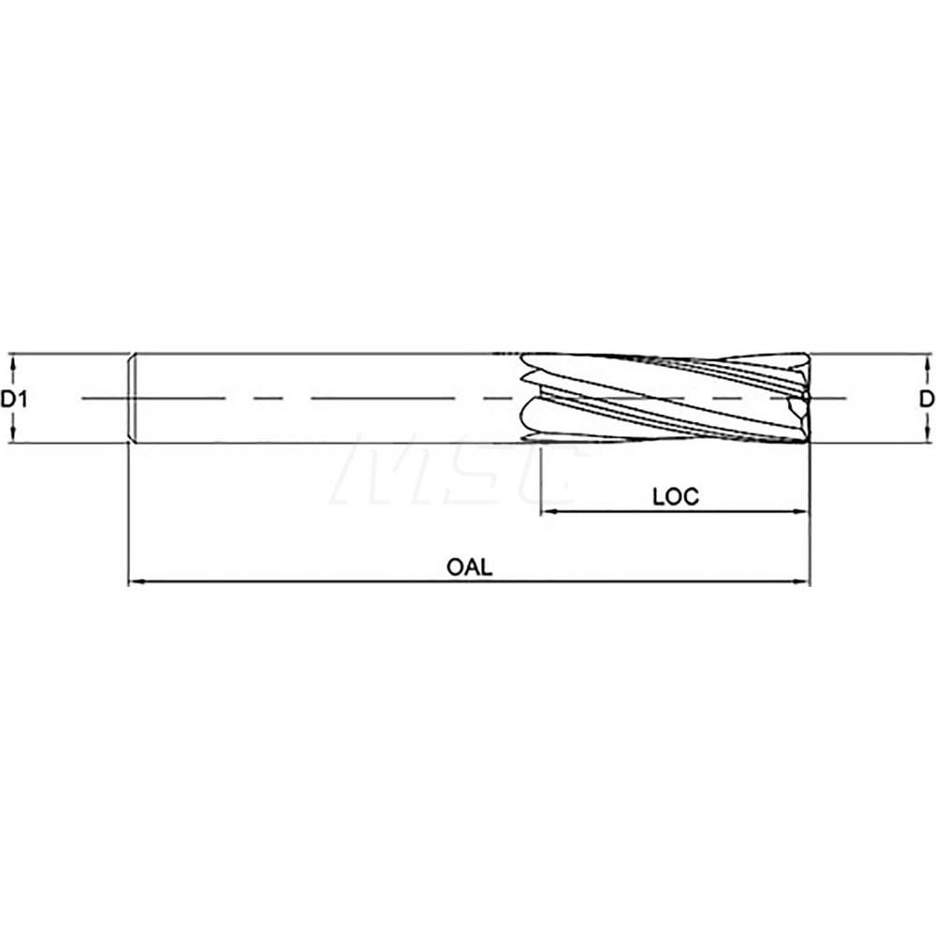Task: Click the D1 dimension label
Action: click(x=12, y=399)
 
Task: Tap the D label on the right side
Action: click(x=926, y=399)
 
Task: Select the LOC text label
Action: click(x=676, y=496)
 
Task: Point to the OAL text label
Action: click(x=469, y=567)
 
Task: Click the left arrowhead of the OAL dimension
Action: click(x=134, y=581)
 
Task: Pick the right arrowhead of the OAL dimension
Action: click(x=802, y=581)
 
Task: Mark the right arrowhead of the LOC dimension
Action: click(x=802, y=511)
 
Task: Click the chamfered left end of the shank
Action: click(x=133, y=398)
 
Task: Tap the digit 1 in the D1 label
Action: click(x=20, y=399)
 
